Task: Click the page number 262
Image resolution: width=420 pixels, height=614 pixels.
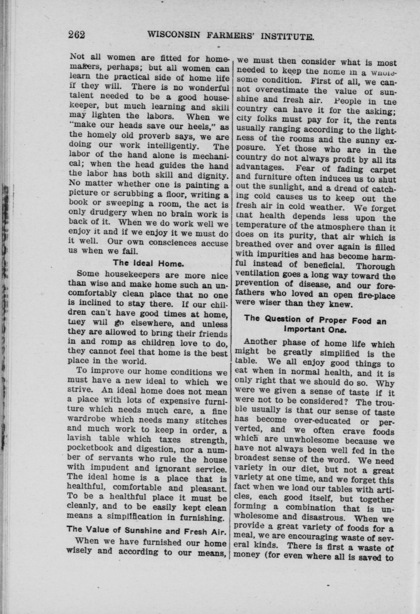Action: coord(77,35)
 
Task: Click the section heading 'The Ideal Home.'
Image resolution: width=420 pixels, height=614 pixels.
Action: coord(148,263)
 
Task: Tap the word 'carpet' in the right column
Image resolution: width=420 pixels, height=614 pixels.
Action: coord(382,169)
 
